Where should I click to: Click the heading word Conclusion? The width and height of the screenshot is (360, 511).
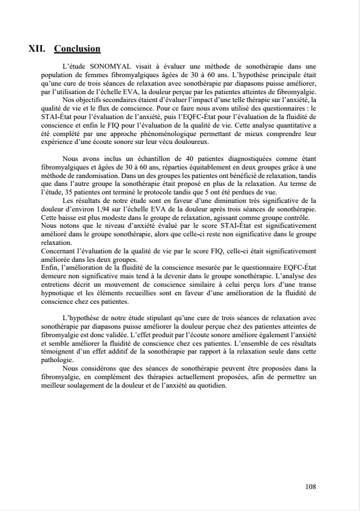click(77, 49)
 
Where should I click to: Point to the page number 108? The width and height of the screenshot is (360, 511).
click(310, 486)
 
